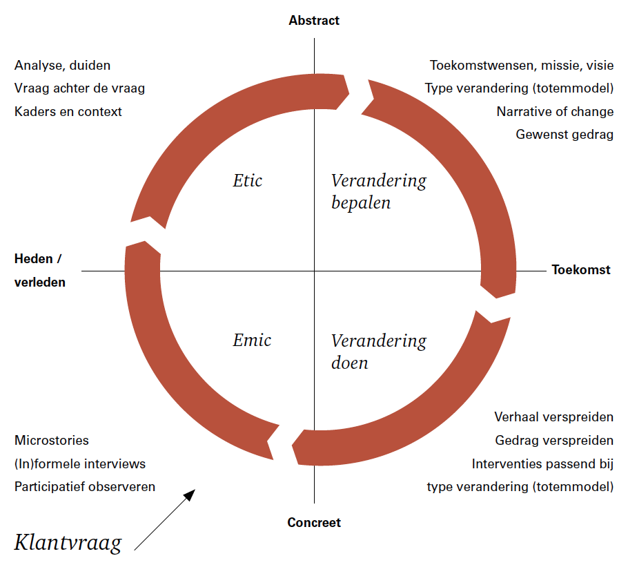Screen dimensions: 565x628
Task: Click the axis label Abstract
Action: [314, 20]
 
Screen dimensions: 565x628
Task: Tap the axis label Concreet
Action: [314, 522]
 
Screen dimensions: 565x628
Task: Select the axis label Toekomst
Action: [581, 270]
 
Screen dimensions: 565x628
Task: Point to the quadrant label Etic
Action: [248, 181]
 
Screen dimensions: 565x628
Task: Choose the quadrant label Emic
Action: [252, 340]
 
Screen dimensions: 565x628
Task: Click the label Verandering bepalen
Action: [378, 191]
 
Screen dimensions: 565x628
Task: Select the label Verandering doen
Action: [378, 351]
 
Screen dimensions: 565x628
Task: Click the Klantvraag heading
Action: [68, 542]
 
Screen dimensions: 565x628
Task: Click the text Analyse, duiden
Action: [62, 66]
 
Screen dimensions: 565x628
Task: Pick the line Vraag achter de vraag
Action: [79, 88]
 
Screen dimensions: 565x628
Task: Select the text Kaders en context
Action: [68, 111]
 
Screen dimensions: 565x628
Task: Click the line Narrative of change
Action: [555, 111]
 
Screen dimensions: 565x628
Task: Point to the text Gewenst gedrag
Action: [565, 134]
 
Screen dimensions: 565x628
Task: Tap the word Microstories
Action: [51, 440]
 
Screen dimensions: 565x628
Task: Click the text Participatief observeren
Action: [84, 486]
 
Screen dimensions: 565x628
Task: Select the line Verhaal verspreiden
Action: [553, 416]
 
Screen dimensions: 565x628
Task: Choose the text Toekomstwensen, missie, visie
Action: [522, 66]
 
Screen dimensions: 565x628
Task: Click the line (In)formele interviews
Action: [79, 463]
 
